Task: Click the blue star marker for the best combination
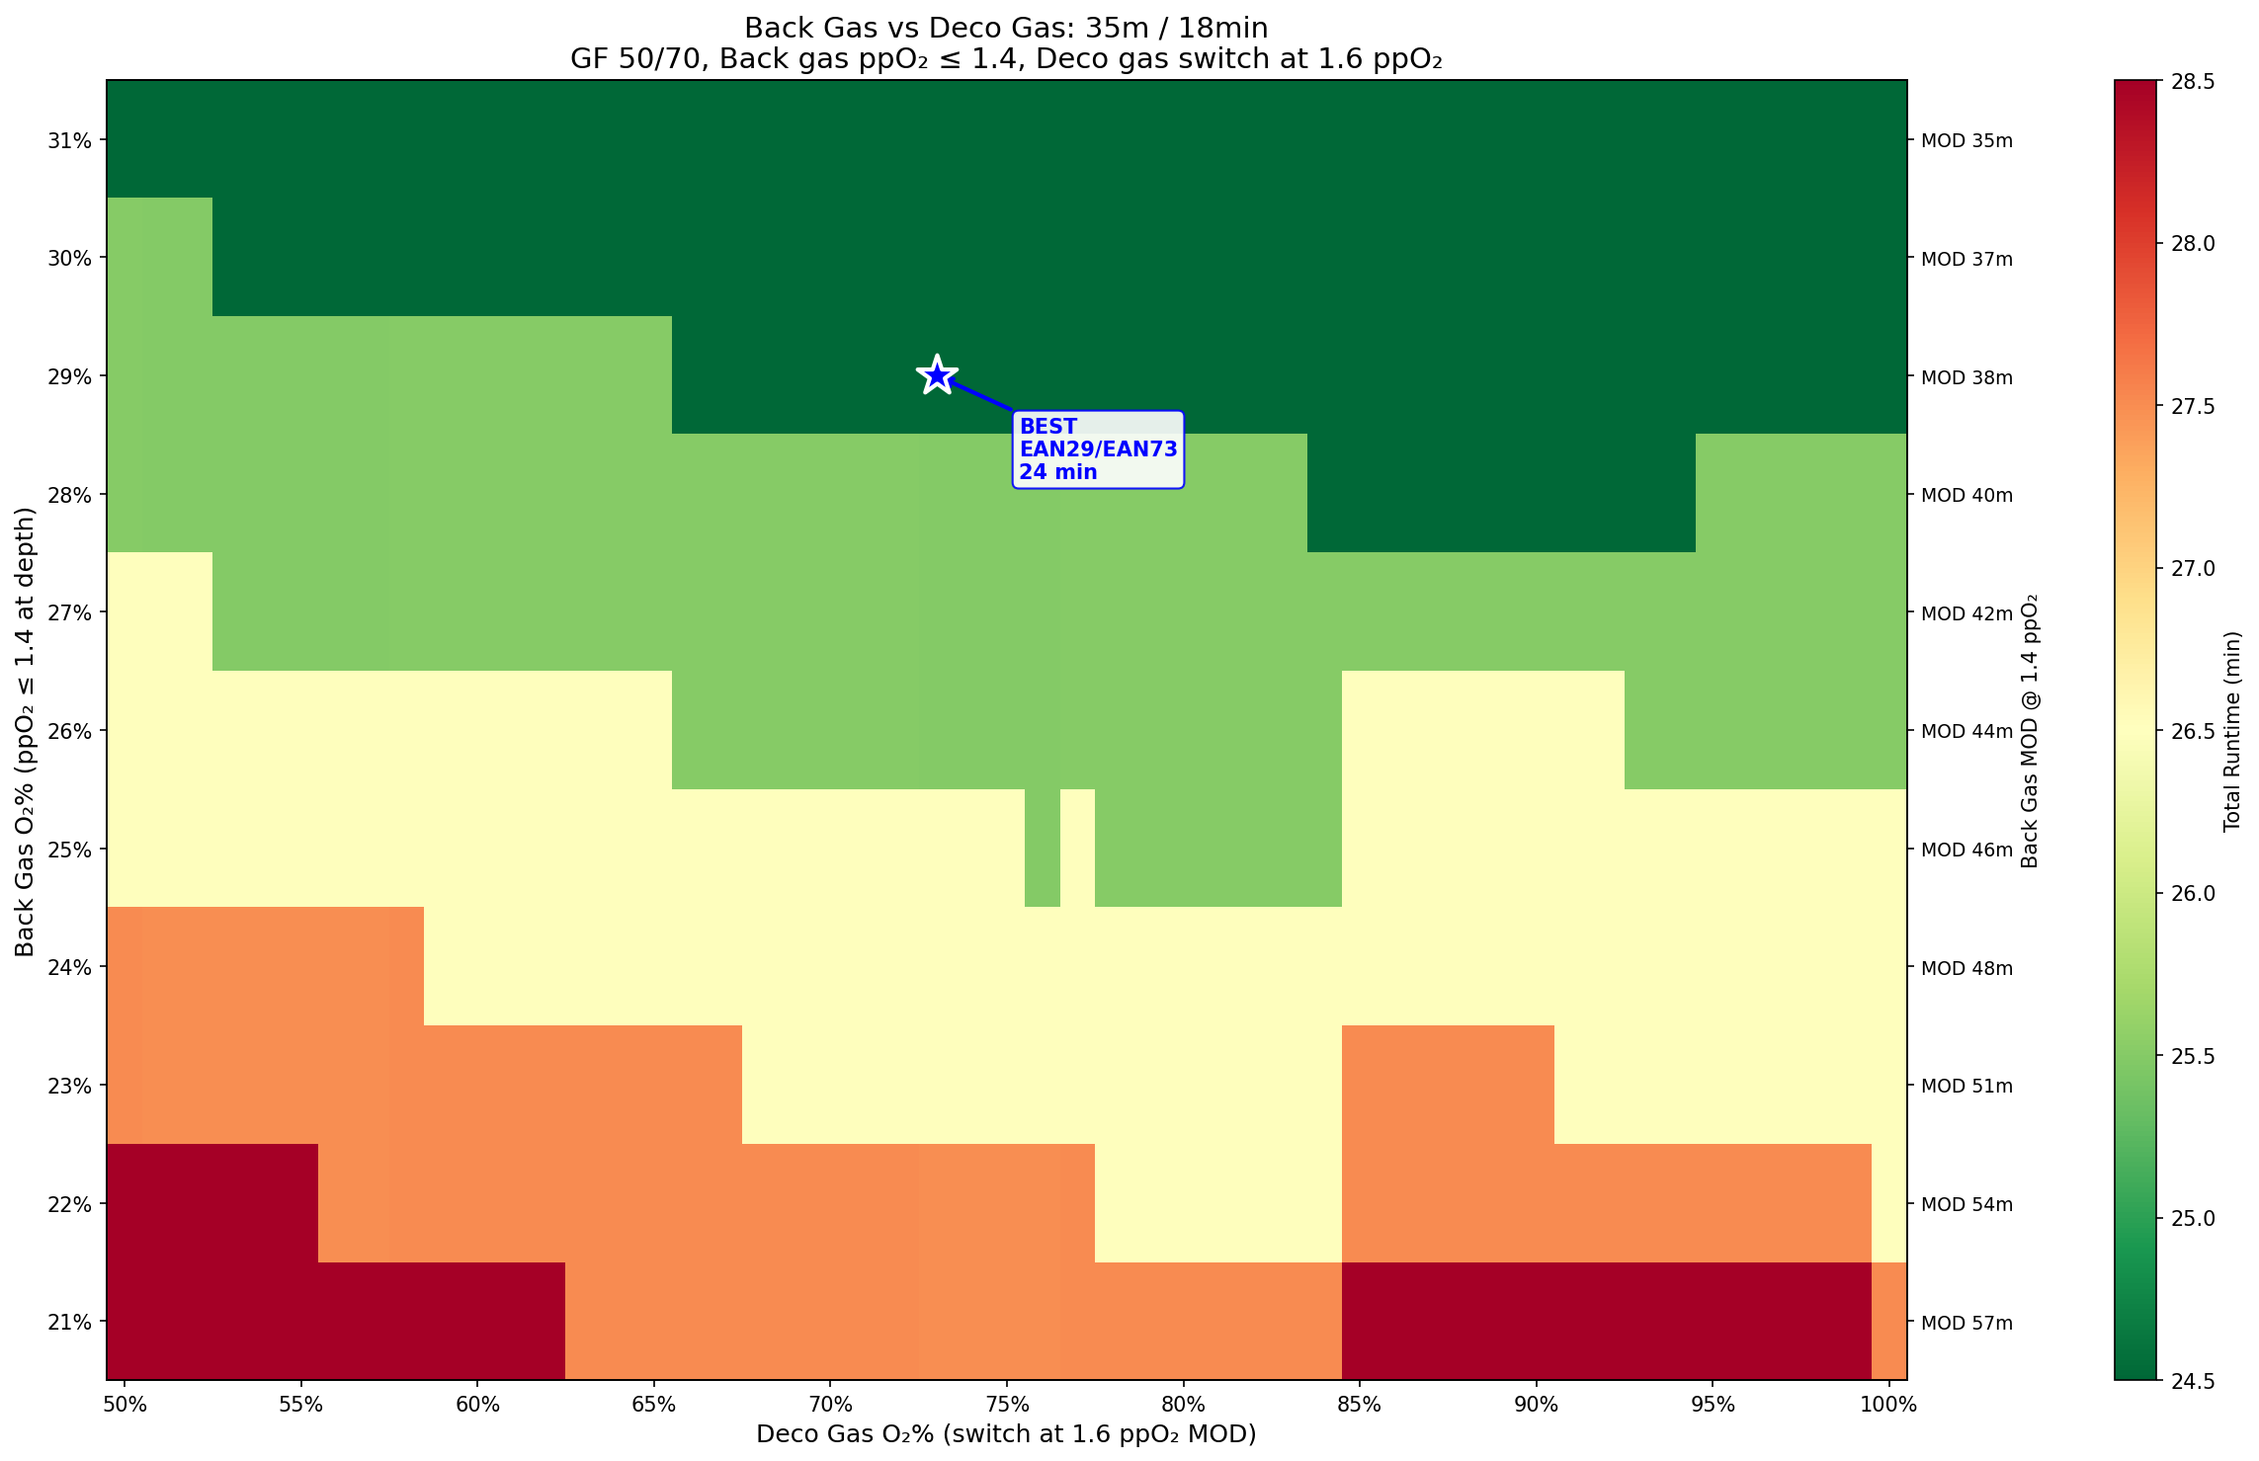pyautogui.click(x=937, y=375)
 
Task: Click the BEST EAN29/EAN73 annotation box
pyautogui.click(x=1098, y=449)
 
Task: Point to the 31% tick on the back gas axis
pyautogui.click(x=69, y=140)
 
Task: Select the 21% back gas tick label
pyautogui.click(x=69, y=1322)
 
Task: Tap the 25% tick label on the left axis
pyautogui.click(x=69, y=850)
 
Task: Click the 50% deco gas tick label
pyautogui.click(x=125, y=1405)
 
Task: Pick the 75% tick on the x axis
pyautogui.click(x=1007, y=1405)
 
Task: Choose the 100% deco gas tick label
pyautogui.click(x=1888, y=1405)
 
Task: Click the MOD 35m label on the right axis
pyautogui.click(x=1966, y=140)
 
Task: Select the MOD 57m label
pyautogui.click(x=1966, y=1322)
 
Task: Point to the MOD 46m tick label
pyautogui.click(x=1966, y=850)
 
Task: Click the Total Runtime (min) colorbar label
pyautogui.click(x=2231, y=731)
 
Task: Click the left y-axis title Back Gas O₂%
pyautogui.click(x=25, y=731)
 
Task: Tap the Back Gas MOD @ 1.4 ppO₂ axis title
pyautogui.click(x=2031, y=731)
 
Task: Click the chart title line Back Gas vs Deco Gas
pyautogui.click(x=1006, y=28)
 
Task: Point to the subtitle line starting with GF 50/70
pyautogui.click(x=1006, y=59)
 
